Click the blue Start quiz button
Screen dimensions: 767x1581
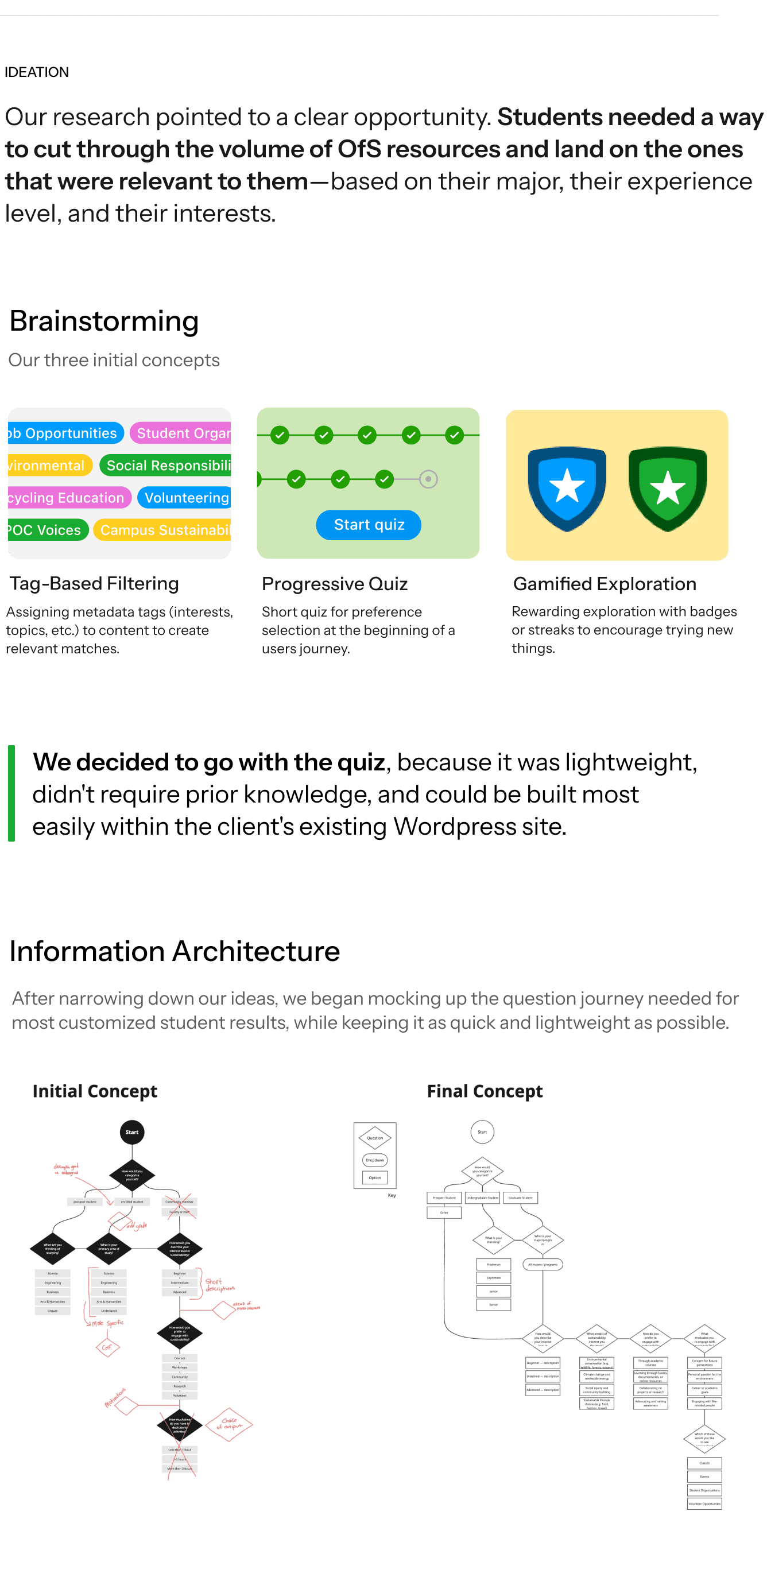368,525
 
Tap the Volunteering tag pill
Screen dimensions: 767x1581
185,498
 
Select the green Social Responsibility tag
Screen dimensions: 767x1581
167,465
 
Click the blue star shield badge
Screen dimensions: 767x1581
567,487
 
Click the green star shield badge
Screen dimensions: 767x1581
667,487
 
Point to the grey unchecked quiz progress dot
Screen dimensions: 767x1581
428,479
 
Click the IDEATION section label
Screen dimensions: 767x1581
37,72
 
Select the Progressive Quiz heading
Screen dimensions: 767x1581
334,584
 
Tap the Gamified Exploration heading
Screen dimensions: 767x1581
605,584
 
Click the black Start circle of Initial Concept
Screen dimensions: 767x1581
132,1131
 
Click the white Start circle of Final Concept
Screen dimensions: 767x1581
482,1131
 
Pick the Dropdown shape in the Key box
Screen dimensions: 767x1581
375,1160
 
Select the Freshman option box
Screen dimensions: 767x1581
493,1264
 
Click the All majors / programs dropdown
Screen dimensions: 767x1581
543,1264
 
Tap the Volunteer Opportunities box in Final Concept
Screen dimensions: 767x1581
704,1503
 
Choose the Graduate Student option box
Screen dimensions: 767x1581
520,1198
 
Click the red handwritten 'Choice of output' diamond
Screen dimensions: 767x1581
229,1424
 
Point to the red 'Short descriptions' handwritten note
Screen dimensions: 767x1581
219,1285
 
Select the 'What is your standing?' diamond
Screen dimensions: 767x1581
493,1240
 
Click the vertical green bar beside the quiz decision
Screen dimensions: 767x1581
11,793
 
